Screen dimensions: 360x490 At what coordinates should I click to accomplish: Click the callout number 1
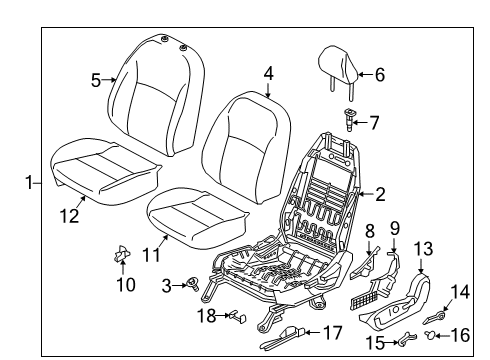[29, 182]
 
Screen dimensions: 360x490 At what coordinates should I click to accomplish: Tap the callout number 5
[96, 80]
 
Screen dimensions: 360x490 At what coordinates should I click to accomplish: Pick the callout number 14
[461, 291]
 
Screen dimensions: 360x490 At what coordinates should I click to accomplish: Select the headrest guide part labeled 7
[350, 123]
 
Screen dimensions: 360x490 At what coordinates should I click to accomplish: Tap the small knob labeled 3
[188, 288]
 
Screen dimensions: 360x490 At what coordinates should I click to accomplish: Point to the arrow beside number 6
[362, 73]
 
